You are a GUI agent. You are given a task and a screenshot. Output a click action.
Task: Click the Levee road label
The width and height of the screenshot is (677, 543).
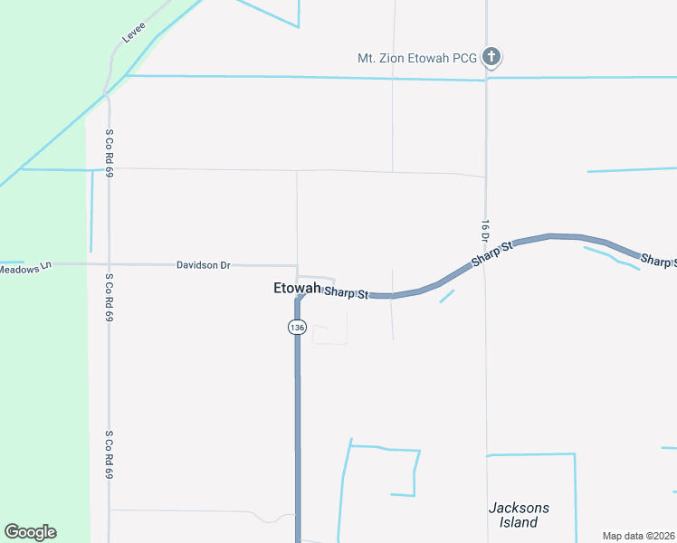pyautogui.click(x=134, y=33)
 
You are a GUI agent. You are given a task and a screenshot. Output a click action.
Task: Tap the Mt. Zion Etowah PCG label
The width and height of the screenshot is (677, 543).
pyautogui.click(x=416, y=58)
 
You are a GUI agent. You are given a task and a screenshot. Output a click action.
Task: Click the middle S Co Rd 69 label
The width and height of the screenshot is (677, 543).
pyautogui.click(x=109, y=298)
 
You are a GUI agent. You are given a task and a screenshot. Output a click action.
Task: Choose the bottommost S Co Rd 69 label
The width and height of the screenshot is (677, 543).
pyautogui.click(x=109, y=454)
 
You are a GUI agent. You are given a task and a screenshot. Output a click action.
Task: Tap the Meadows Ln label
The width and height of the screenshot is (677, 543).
pyautogui.click(x=26, y=268)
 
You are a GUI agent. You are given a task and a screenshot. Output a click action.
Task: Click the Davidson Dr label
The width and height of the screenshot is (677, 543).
pyautogui.click(x=204, y=265)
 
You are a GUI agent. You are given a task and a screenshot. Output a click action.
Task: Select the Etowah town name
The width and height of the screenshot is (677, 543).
pyautogui.click(x=296, y=289)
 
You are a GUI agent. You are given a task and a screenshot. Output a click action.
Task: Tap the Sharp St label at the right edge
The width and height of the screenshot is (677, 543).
pyautogui.click(x=658, y=261)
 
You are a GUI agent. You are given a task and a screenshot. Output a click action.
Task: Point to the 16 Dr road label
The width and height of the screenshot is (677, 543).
pyautogui.click(x=485, y=231)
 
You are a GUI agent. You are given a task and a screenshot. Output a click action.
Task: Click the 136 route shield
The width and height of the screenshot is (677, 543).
pyautogui.click(x=297, y=327)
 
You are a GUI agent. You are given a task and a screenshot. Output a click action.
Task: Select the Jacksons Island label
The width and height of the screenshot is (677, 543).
pyautogui.click(x=519, y=515)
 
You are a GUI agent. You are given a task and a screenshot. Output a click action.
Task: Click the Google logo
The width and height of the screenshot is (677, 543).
pyautogui.click(x=30, y=532)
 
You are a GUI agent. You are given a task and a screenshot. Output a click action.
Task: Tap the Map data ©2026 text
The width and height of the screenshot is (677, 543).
pyautogui.click(x=638, y=536)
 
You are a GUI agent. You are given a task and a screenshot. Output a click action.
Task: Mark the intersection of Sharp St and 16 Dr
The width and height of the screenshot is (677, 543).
pyautogui.click(x=486, y=257)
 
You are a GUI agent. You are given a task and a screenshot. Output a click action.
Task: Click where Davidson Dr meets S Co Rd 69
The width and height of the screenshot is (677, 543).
pyautogui.click(x=109, y=264)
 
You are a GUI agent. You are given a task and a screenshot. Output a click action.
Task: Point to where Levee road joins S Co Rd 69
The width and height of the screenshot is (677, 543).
pyautogui.click(x=108, y=90)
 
